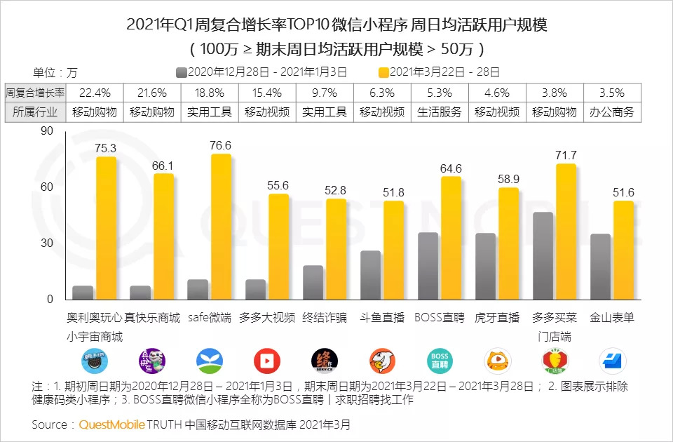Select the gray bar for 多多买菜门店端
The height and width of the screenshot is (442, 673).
click(x=543, y=255)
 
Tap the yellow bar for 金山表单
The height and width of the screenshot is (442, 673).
click(x=623, y=250)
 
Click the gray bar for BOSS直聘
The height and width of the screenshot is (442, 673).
click(x=428, y=266)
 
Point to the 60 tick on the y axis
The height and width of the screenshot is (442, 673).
click(x=47, y=187)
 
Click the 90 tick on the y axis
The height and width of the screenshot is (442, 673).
click(x=47, y=130)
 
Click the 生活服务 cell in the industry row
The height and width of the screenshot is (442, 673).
click(x=440, y=112)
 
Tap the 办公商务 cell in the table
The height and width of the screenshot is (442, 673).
click(x=612, y=112)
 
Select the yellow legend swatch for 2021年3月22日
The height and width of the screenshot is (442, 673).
click(x=383, y=72)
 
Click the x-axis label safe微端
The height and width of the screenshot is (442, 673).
click(x=210, y=317)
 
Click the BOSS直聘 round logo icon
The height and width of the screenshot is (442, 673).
click(x=440, y=360)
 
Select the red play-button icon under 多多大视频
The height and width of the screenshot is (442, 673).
click(x=266, y=360)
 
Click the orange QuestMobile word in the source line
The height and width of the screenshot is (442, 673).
click(x=111, y=424)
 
